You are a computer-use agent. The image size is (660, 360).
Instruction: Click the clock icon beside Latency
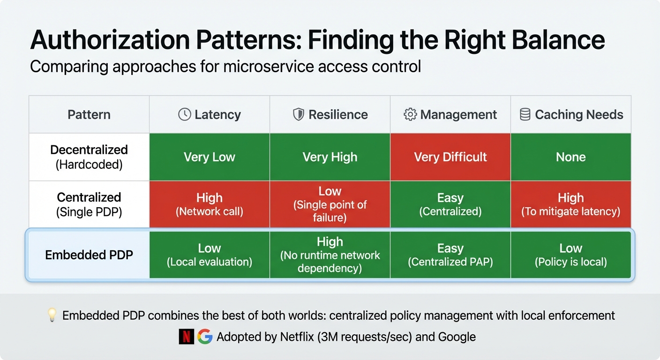coord(185,114)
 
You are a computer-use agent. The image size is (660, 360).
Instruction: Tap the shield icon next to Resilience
coord(299,114)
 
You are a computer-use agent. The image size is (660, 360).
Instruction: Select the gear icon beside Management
coord(410,114)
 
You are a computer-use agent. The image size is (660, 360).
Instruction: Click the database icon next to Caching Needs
coord(525,114)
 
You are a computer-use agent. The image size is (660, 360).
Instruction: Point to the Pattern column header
coord(89,114)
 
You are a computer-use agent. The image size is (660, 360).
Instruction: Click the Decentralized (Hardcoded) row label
coord(89,157)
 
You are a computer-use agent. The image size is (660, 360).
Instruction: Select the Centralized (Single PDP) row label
coord(89,204)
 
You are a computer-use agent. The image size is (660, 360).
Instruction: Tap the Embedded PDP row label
coord(89,255)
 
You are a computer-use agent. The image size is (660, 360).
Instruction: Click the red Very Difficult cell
coord(450,157)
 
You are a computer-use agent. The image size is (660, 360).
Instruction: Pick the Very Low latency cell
coord(210,157)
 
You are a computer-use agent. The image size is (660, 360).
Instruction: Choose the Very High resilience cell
coord(330,157)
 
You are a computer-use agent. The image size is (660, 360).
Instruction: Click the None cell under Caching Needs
coord(571,157)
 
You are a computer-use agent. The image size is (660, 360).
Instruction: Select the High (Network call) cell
coord(210,204)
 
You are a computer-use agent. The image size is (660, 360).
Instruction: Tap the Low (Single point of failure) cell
coord(330,204)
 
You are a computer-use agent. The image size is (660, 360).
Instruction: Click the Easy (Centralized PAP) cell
coord(450,255)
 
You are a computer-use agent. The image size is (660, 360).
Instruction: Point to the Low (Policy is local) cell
coord(571,255)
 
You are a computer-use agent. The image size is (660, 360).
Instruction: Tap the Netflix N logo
coord(186,337)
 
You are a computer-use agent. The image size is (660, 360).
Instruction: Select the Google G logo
coord(205,337)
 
